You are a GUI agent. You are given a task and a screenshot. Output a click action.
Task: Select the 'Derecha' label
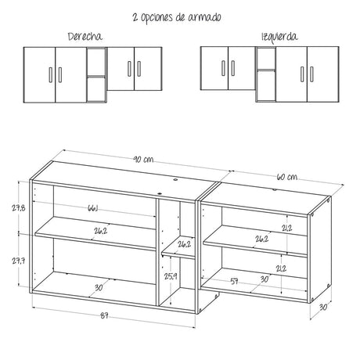coord(85,37)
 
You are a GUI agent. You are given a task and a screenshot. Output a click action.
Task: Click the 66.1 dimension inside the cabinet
coord(93,208)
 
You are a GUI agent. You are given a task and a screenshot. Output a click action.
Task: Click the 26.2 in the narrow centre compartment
coord(184,244)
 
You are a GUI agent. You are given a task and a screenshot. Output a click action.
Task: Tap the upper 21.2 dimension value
coord(287,229)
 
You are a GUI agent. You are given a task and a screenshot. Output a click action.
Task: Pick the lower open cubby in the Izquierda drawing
coord(265,89)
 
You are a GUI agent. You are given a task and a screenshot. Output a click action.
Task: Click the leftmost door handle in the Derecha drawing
coord(52,74)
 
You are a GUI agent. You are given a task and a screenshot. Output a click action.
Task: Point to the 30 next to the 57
coord(264,279)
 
